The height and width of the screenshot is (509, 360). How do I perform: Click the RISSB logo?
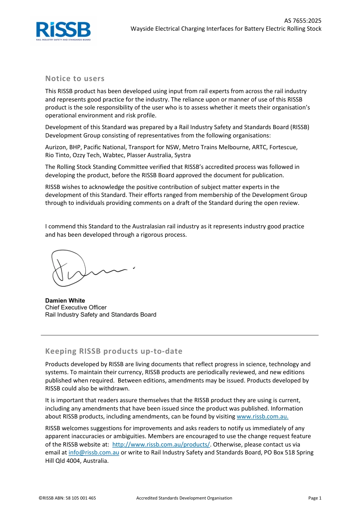(x=63, y=31)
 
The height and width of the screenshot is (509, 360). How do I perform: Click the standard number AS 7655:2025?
(x=302, y=21)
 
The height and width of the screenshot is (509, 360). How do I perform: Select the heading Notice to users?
(x=75, y=79)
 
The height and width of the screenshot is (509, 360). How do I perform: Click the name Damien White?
(x=65, y=301)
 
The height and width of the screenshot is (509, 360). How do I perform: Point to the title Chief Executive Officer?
(x=76, y=308)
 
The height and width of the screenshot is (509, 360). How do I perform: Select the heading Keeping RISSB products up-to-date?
(x=114, y=351)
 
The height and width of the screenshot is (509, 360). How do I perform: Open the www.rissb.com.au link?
(x=262, y=417)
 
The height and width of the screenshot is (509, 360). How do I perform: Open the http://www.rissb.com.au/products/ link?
(x=161, y=445)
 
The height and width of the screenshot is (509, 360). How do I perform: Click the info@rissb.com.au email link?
(x=94, y=453)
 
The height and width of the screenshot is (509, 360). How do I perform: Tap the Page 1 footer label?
(x=315, y=498)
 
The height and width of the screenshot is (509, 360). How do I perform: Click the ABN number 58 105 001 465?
(x=81, y=498)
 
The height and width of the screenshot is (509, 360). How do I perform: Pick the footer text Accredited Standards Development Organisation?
(x=184, y=498)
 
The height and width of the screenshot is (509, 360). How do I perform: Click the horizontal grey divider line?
(x=180, y=335)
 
